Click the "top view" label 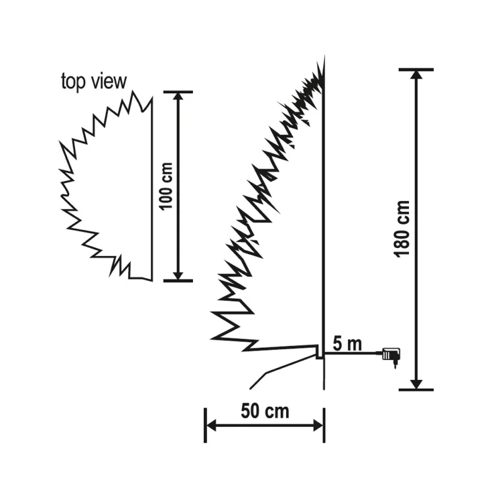click(93, 82)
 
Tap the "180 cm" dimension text click(404, 228)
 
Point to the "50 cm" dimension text click(265, 411)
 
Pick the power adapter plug click(391, 355)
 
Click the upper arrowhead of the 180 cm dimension click(416, 76)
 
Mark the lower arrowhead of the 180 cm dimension click(416, 383)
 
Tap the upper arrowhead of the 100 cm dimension click(178, 98)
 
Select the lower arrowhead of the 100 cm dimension click(178, 274)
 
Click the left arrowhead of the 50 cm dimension click(212, 425)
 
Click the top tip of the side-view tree click(322, 60)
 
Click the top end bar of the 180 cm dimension click(416, 69)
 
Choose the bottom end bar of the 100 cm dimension click(178, 281)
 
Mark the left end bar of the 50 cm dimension click(204, 425)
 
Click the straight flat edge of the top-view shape click(151, 188)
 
